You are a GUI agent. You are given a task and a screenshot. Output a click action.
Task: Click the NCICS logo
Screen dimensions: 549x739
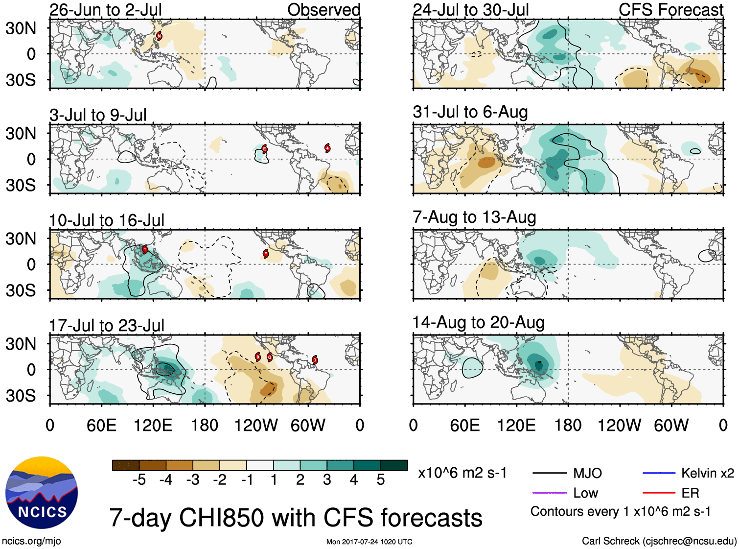(42, 493)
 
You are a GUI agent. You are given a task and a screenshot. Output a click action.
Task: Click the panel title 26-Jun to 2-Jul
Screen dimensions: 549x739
(105, 9)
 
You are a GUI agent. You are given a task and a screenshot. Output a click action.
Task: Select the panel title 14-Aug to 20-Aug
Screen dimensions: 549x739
(478, 322)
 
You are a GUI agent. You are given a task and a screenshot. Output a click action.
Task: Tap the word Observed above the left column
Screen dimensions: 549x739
(323, 9)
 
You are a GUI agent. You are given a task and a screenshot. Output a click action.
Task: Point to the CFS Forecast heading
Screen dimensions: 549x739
(670, 9)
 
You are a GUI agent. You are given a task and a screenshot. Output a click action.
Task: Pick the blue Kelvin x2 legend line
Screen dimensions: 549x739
(659, 473)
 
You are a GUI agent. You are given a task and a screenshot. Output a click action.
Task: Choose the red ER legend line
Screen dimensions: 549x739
(659, 493)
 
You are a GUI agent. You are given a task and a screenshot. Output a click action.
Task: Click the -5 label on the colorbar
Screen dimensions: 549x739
(139, 480)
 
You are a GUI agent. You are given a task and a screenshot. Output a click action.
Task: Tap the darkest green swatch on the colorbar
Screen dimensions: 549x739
(394, 465)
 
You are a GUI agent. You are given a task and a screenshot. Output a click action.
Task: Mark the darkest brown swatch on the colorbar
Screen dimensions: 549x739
(126, 465)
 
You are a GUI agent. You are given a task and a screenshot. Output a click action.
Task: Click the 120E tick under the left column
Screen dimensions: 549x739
(153, 425)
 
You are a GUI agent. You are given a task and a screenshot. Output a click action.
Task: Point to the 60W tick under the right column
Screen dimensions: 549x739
(671, 425)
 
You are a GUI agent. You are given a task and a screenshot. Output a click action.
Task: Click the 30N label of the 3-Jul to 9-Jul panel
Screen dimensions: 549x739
(21, 133)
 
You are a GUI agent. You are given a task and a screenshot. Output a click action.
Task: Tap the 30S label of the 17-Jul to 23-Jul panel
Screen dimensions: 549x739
(21, 396)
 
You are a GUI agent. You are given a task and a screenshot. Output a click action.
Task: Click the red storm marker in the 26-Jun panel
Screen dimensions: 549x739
(159, 36)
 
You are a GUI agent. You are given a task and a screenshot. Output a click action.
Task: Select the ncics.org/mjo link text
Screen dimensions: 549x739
(31, 541)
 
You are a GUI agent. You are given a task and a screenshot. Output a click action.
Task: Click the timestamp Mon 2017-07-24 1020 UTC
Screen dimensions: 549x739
(369, 542)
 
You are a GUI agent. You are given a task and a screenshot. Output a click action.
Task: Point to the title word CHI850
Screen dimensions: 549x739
(248, 518)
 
